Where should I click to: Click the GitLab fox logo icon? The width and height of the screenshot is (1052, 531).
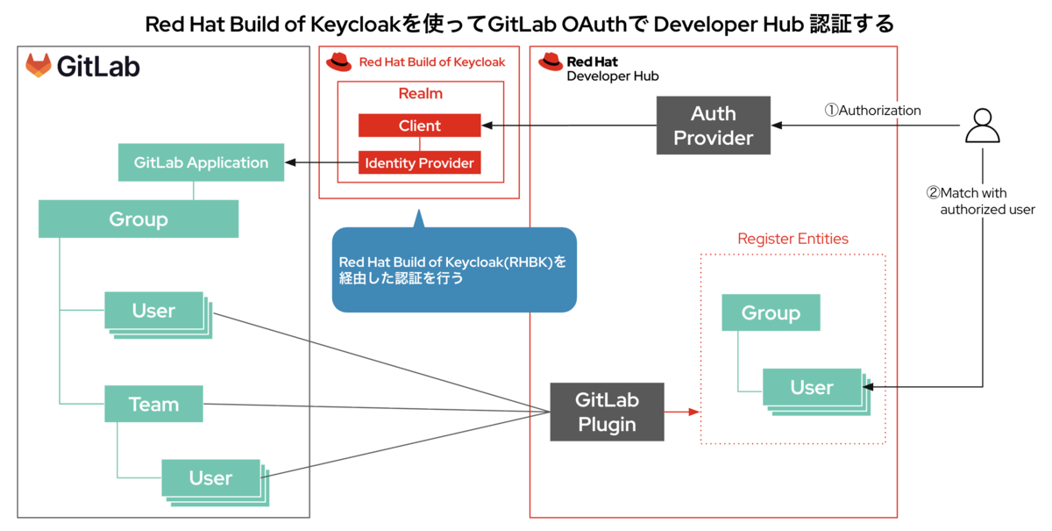pyautogui.click(x=38, y=65)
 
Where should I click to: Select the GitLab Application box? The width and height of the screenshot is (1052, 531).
pyautogui.click(x=201, y=162)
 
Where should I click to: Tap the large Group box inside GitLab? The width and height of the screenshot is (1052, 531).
pyautogui.click(x=139, y=219)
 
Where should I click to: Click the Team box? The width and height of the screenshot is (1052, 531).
pyautogui.click(x=153, y=404)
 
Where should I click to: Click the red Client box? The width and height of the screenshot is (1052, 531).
pyautogui.click(x=419, y=126)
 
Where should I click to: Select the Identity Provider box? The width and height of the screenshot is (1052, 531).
pyautogui.click(x=419, y=162)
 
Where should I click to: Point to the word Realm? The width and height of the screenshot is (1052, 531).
pyautogui.click(x=420, y=93)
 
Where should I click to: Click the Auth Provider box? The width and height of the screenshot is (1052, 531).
pyautogui.click(x=714, y=126)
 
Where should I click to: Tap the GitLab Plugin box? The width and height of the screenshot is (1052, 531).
pyautogui.click(x=608, y=412)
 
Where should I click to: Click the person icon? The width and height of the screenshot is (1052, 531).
pyautogui.click(x=983, y=126)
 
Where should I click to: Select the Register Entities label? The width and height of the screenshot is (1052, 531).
pyautogui.click(x=793, y=239)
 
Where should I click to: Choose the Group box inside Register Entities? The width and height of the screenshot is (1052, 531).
pyautogui.click(x=771, y=312)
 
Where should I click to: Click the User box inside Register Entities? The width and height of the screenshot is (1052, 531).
pyautogui.click(x=816, y=391)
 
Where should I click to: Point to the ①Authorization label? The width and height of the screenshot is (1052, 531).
pyautogui.click(x=872, y=110)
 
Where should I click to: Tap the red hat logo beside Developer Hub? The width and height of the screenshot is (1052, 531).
pyautogui.click(x=551, y=61)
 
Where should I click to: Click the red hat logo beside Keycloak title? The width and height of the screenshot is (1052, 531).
pyautogui.click(x=338, y=61)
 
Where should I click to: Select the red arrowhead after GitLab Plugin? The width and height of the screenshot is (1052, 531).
pyautogui.click(x=694, y=412)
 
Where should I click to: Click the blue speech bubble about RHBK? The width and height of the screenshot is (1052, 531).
pyautogui.click(x=454, y=269)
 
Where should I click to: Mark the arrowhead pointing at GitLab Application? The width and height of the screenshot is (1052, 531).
pyautogui.click(x=291, y=162)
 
